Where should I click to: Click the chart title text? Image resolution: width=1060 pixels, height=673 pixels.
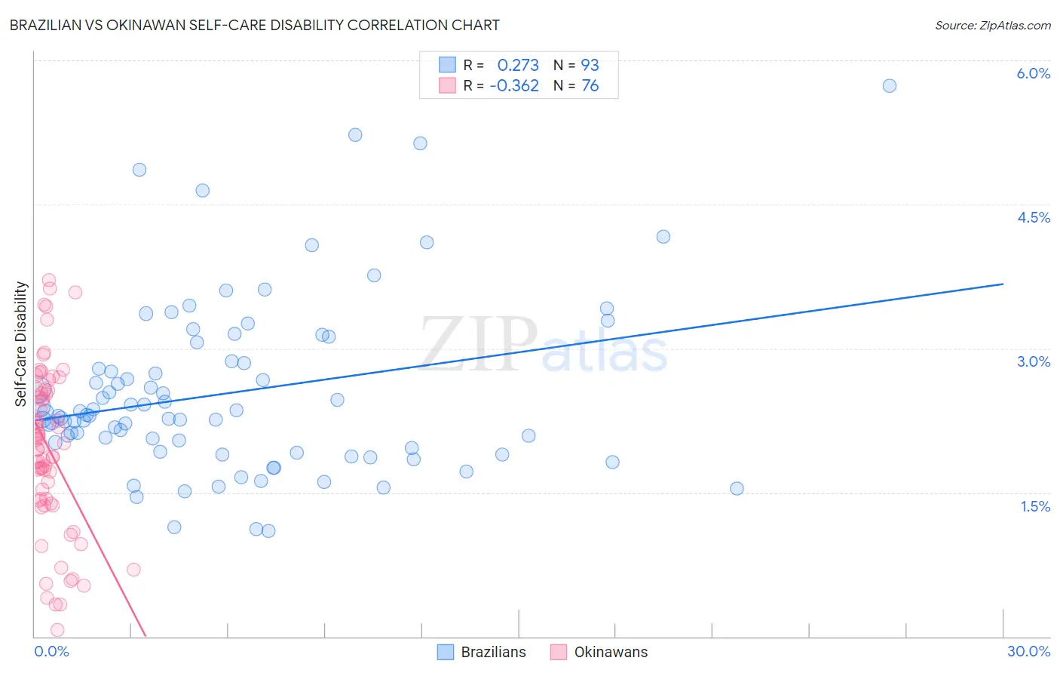[x=254, y=25]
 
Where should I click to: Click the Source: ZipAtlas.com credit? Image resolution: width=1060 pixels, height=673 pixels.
[x=992, y=25]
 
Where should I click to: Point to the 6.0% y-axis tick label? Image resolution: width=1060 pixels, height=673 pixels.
[x=1033, y=73]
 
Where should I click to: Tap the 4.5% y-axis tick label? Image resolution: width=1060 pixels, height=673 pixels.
[x=1033, y=217]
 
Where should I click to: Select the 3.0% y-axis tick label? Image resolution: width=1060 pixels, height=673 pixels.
[x=1033, y=361]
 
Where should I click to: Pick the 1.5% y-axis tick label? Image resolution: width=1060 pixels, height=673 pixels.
[x=1034, y=506]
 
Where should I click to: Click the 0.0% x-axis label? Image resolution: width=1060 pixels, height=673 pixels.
[x=51, y=651]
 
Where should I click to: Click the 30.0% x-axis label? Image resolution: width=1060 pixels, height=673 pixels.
[x=1028, y=651]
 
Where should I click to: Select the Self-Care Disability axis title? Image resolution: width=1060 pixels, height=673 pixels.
[x=21, y=344]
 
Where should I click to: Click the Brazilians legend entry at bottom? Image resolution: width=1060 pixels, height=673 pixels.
[x=483, y=652]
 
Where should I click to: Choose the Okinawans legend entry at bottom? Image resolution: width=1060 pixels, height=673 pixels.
[x=599, y=652]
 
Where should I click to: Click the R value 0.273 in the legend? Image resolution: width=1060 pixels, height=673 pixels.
[x=518, y=66]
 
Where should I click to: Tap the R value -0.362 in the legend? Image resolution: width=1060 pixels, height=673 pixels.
[x=514, y=86]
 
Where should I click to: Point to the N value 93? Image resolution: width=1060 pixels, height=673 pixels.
[x=590, y=66]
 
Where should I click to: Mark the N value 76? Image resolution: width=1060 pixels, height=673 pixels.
[x=590, y=86]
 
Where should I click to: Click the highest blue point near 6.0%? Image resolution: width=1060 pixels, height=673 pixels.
[x=890, y=86]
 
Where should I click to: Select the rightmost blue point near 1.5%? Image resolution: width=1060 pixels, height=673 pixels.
[x=737, y=488]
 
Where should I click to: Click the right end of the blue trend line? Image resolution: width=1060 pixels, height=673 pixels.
[x=1003, y=284]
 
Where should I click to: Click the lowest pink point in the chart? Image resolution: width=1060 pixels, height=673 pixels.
[x=57, y=630]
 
